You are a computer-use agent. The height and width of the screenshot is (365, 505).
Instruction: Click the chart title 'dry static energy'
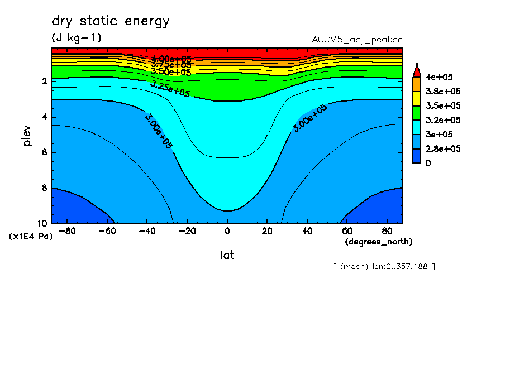(110, 22)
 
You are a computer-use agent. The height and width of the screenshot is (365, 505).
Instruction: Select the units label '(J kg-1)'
(76, 38)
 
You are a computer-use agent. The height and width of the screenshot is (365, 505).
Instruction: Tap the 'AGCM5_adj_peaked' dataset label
(357, 40)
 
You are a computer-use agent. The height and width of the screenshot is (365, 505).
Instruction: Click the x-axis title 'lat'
(227, 255)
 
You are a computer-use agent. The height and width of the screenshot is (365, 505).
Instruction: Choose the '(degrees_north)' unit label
(379, 242)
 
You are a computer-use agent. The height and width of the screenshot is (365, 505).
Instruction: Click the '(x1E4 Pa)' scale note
(31, 237)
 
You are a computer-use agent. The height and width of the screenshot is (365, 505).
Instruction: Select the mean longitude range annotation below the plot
(383, 266)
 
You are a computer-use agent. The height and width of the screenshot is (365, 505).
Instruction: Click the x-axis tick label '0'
(227, 231)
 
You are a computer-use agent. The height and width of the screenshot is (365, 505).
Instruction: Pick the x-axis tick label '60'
(346, 231)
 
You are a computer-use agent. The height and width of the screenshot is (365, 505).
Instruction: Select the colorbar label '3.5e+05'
(441, 105)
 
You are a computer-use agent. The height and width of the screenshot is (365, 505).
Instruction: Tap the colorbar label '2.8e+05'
(441, 149)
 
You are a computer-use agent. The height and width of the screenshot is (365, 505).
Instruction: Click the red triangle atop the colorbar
(416, 70)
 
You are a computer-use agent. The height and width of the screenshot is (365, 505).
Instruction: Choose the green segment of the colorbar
(416, 113)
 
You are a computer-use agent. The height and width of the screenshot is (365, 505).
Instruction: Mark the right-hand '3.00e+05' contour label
(310, 118)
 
